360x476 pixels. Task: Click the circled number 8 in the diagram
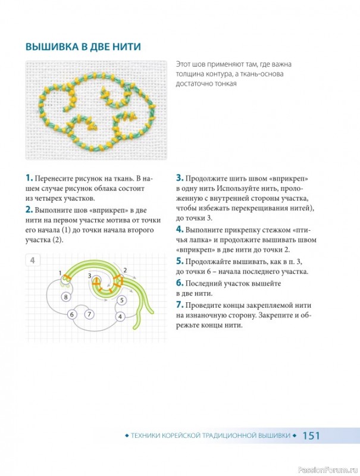[x=66, y=296]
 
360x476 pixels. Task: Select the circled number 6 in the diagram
[x=72, y=314]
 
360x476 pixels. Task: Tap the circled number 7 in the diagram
[x=89, y=314]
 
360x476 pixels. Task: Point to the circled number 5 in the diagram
[x=122, y=300]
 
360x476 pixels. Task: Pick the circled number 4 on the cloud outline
[x=120, y=317]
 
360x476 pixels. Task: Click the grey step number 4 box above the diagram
[x=33, y=260]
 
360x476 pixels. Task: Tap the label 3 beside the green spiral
[x=89, y=275]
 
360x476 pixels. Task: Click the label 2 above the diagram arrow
[x=125, y=270]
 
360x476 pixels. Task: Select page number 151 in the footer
[x=311, y=436]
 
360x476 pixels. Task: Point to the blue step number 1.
[x=29, y=178]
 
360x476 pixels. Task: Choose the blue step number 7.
[x=180, y=305]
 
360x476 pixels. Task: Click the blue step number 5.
[x=180, y=261]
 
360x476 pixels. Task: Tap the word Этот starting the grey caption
[x=183, y=64]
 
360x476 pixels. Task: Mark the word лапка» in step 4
[x=198, y=240]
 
